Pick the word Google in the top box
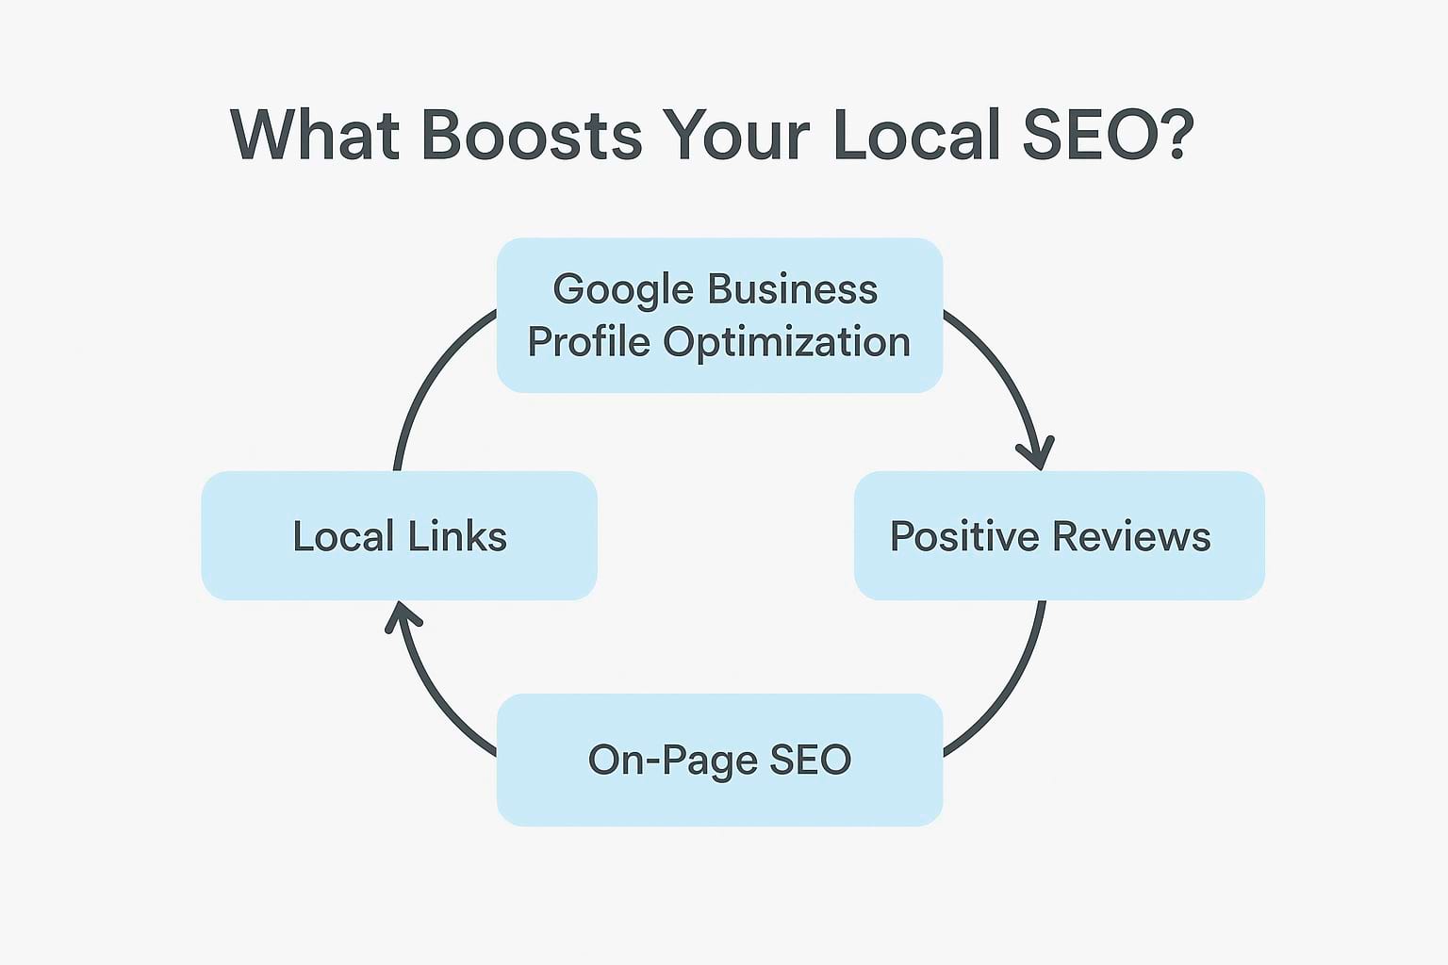point(621,290)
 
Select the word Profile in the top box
point(588,342)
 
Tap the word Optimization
point(787,342)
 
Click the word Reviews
point(1131,536)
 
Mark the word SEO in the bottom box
point(811,761)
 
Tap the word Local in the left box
point(343,536)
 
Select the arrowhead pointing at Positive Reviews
point(1036,453)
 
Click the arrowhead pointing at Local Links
point(403,618)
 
